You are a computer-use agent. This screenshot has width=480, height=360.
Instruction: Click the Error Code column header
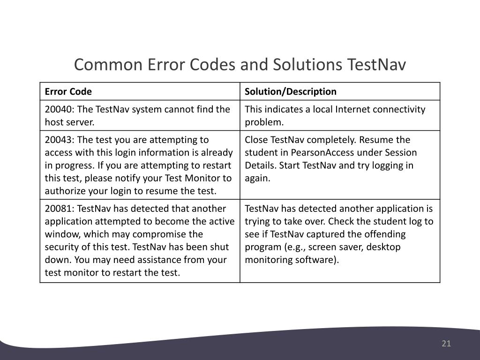[68, 91]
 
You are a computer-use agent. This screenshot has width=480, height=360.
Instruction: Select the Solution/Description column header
[291, 91]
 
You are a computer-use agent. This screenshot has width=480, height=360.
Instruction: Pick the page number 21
[446, 344]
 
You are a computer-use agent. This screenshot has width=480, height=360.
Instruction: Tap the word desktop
[384, 247]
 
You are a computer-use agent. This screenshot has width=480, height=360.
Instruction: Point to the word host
[54, 122]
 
